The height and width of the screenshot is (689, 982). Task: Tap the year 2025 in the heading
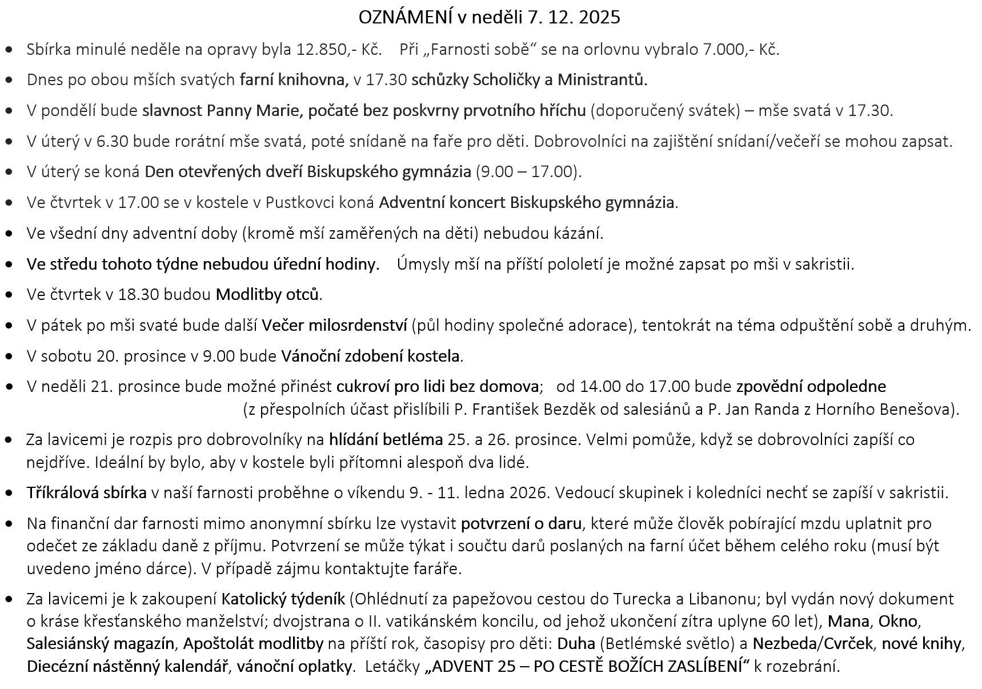[x=599, y=18]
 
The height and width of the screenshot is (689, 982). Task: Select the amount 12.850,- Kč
[x=339, y=49]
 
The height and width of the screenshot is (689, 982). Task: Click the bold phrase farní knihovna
[x=294, y=79]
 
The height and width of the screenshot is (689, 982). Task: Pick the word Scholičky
[x=507, y=79]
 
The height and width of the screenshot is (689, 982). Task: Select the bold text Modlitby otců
[x=267, y=295]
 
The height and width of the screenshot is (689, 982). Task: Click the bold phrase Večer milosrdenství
[x=334, y=326]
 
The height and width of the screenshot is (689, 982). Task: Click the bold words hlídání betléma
[x=386, y=439]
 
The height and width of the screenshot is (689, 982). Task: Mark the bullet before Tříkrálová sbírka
[x=9, y=492]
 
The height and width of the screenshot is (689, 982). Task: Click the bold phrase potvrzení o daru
[x=521, y=523]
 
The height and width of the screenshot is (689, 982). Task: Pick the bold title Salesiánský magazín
[x=101, y=643]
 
